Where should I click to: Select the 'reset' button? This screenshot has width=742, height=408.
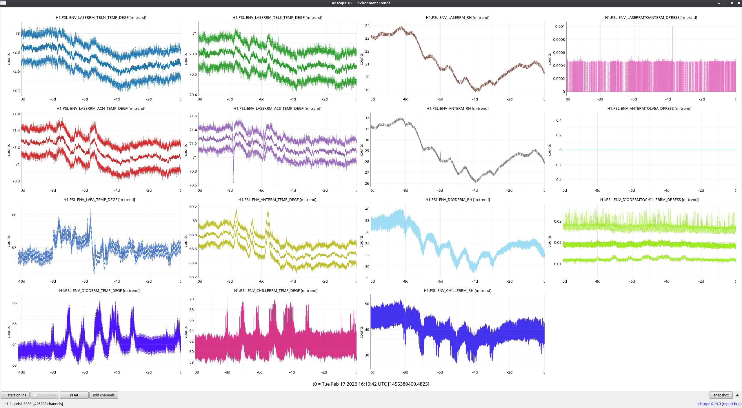click(x=74, y=395)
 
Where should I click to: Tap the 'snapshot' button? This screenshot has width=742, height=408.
click(x=721, y=395)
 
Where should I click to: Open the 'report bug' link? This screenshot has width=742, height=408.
click(x=731, y=404)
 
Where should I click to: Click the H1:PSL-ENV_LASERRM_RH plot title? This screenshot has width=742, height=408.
click(x=457, y=18)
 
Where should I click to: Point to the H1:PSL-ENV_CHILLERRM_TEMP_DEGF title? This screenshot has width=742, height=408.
click(x=276, y=290)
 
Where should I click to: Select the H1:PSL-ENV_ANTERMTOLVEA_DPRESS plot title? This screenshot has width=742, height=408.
click(x=649, y=109)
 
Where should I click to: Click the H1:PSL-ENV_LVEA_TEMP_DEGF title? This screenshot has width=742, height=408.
click(x=99, y=200)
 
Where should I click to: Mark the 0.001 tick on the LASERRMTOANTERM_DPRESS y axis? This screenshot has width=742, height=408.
click(x=560, y=27)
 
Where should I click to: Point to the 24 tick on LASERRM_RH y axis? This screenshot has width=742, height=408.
click(x=367, y=26)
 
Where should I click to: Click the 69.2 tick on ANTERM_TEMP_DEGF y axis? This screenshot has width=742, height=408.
click(x=193, y=207)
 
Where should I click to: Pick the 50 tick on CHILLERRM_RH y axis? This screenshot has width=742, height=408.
click(x=367, y=304)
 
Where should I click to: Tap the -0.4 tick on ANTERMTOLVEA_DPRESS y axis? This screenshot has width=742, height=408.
click(x=558, y=180)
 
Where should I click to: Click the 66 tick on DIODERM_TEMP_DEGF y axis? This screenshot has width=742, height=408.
click(x=14, y=303)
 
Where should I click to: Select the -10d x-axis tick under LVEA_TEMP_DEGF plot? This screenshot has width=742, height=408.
click(x=22, y=281)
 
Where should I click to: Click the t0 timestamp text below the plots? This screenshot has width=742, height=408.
click(x=371, y=384)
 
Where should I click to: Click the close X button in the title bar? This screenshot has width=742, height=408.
click(x=739, y=3)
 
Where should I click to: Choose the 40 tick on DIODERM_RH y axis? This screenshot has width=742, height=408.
click(x=367, y=209)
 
